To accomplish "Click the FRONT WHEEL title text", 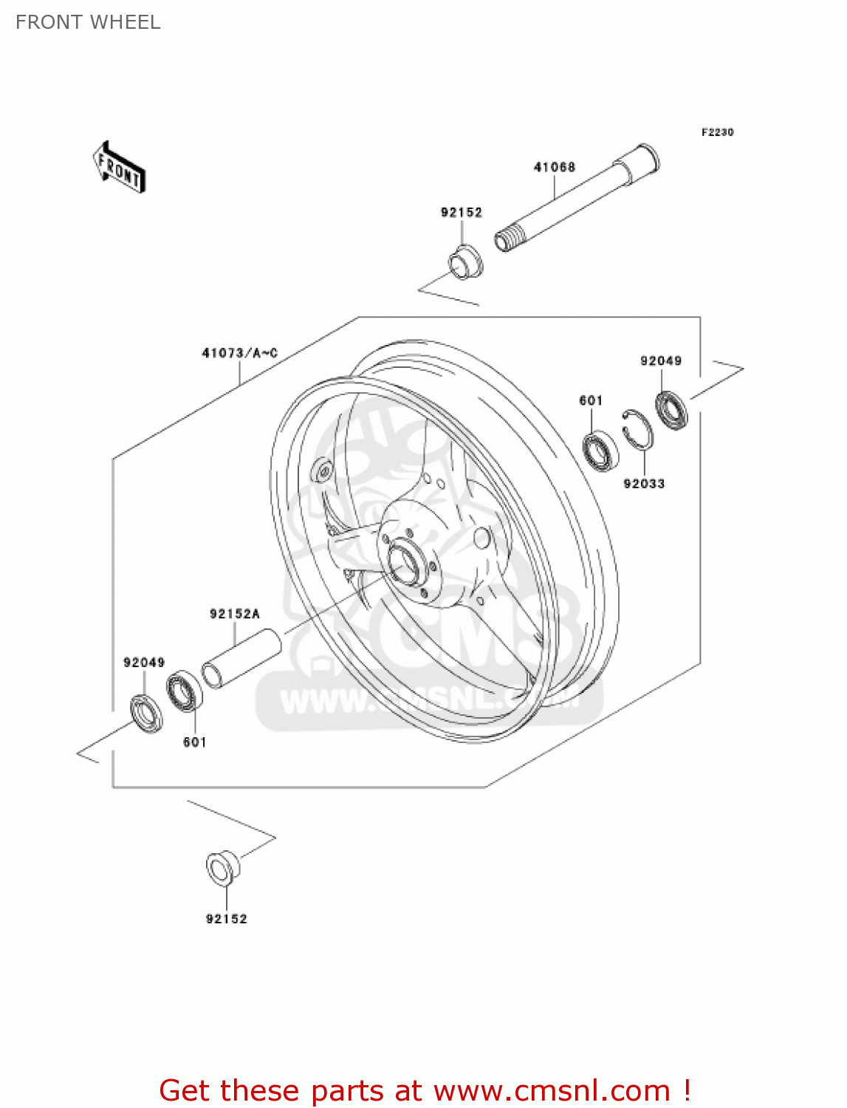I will pos(88,22).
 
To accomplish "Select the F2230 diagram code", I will pos(717,132).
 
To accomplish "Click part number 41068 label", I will pos(554,167).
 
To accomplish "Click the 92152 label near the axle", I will pos(462,212).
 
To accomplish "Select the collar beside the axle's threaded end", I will pos(465,262).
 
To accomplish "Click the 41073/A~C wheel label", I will pos(239,353).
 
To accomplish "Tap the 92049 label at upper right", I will pos(661,360).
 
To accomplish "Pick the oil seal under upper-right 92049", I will pos(672,411).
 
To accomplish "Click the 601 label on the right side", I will pos(591,400).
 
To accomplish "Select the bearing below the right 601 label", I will pos(600,450).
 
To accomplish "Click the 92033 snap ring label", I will pos(644,484).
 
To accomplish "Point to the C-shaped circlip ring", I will pos(637,429).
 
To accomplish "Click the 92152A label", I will pos(235,614).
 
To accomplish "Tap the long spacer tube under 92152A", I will pos(241,658).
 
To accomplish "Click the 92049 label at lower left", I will pos(144,663).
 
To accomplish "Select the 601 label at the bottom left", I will pos(195,742).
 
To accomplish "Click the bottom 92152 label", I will pos(226,919).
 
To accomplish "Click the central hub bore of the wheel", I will pos(404,564).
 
